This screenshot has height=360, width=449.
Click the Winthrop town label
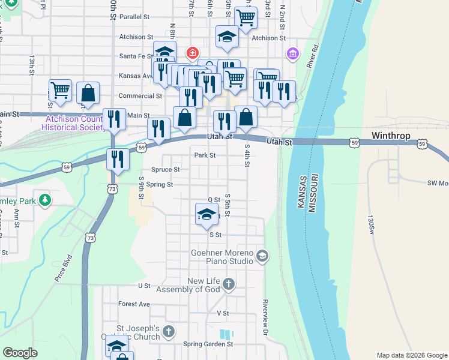click(x=391, y=136)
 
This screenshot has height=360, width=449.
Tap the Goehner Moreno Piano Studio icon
click(x=262, y=256)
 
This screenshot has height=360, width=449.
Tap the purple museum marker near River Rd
click(x=292, y=55)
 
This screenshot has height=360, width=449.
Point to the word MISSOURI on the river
click(x=312, y=192)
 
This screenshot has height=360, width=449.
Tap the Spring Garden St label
click(x=208, y=344)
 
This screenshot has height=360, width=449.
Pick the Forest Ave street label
click(x=134, y=304)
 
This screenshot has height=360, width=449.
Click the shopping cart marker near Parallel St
click(x=245, y=18)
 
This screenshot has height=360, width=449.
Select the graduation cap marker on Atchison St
click(x=227, y=38)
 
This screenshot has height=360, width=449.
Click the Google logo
click(x=20, y=353)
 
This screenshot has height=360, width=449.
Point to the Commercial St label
click(x=140, y=95)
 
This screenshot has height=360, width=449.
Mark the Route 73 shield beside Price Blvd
click(x=90, y=238)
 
